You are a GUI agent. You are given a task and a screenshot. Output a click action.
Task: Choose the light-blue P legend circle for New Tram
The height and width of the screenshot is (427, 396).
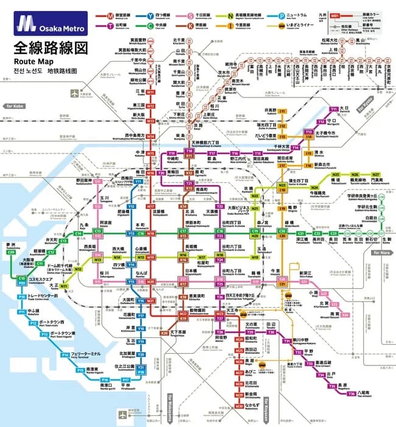282,13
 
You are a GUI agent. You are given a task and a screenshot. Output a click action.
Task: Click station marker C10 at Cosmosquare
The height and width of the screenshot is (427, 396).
21,278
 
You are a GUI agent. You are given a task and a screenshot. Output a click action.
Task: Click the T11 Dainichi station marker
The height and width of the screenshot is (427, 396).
333,109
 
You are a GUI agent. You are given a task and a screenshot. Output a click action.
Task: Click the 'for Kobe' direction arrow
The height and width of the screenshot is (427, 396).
14,107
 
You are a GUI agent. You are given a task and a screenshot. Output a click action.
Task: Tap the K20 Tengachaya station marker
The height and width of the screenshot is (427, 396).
164,333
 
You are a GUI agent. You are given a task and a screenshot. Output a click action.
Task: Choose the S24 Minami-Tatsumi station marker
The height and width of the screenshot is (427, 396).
344,315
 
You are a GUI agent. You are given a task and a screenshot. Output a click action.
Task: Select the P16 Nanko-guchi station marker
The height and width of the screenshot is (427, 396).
105,380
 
